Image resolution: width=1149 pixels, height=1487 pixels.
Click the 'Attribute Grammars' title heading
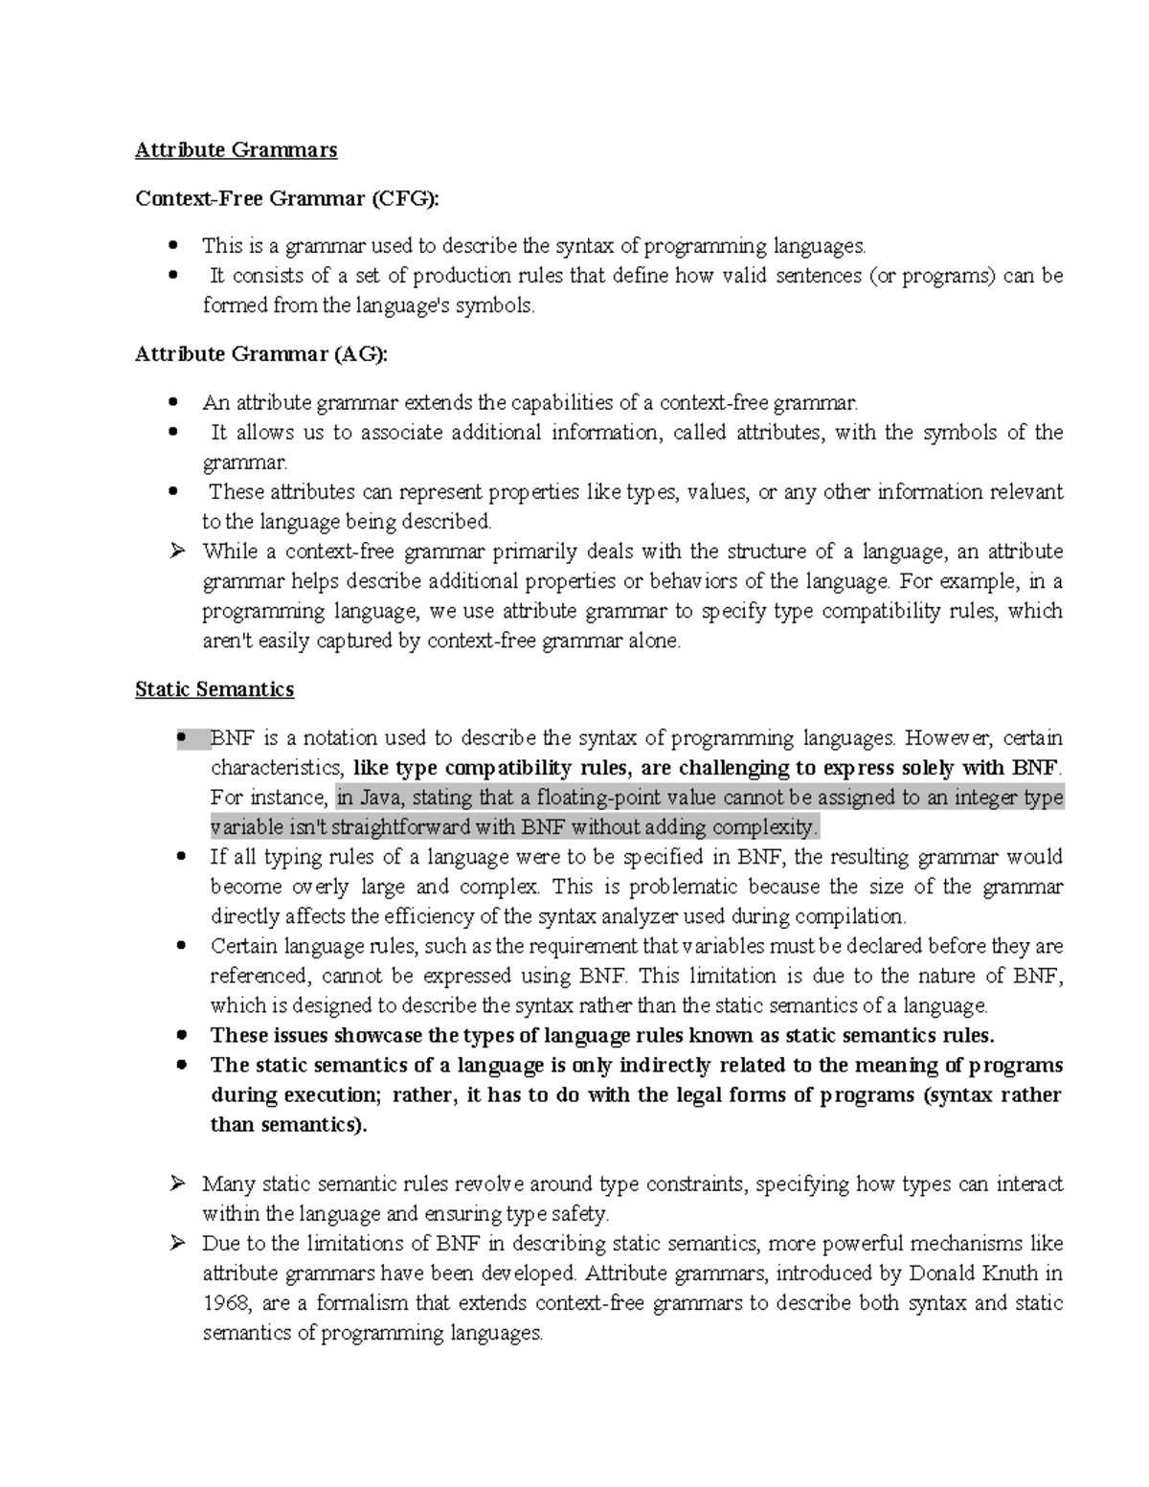[x=236, y=149]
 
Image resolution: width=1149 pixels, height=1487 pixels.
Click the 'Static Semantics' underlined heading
[x=214, y=688]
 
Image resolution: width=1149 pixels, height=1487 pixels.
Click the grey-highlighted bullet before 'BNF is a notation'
[x=181, y=738]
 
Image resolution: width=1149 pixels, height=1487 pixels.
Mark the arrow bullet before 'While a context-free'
[x=176, y=552]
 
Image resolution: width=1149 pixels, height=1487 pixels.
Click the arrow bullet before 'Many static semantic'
[x=176, y=1184]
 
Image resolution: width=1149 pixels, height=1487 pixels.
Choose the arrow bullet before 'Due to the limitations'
[x=176, y=1244]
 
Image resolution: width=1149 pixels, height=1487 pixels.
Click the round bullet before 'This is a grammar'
[x=173, y=246]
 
